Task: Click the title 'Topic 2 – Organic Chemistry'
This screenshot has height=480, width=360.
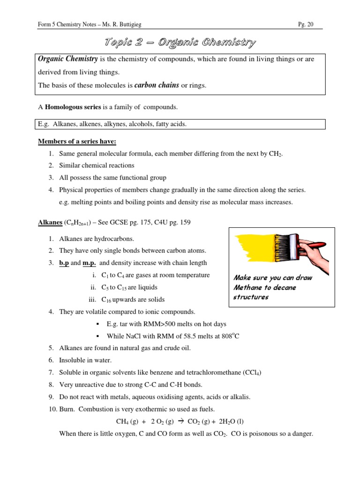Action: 180,43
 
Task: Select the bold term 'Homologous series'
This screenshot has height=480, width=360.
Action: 73,107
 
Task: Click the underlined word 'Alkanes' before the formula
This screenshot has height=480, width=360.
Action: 50,222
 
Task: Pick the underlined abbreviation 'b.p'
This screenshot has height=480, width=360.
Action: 64,263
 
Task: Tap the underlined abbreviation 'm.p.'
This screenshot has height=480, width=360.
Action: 90,263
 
